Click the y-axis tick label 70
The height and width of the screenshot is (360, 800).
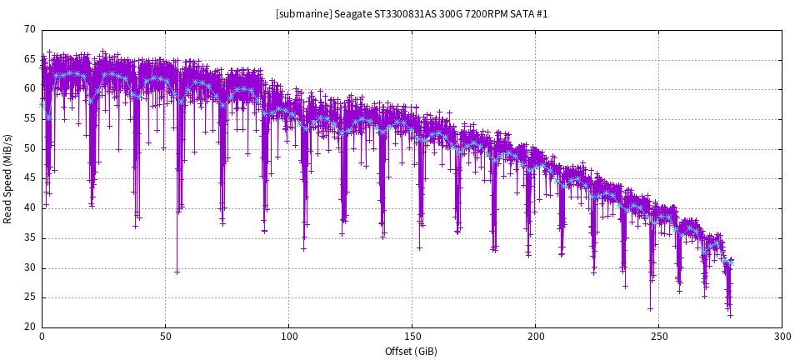click(30, 29)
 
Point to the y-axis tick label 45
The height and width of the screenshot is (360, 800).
click(30, 178)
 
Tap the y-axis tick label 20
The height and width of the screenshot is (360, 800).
click(30, 327)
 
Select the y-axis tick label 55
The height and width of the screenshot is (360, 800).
click(30, 118)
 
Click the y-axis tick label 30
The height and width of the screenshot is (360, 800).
click(30, 267)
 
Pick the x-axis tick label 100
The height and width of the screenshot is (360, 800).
click(288, 337)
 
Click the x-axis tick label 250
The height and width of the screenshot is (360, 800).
click(658, 337)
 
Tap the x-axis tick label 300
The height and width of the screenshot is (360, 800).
click(782, 337)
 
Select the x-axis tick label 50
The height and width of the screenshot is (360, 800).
click(165, 337)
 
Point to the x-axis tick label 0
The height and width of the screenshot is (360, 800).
click(42, 337)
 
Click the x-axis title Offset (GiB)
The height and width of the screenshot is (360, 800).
click(412, 352)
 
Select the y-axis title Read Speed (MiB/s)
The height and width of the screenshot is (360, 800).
click(8, 178)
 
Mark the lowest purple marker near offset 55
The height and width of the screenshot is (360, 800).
click(177, 272)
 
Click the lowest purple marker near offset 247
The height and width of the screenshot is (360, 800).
click(651, 308)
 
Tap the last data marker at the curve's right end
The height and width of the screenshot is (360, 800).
click(732, 260)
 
